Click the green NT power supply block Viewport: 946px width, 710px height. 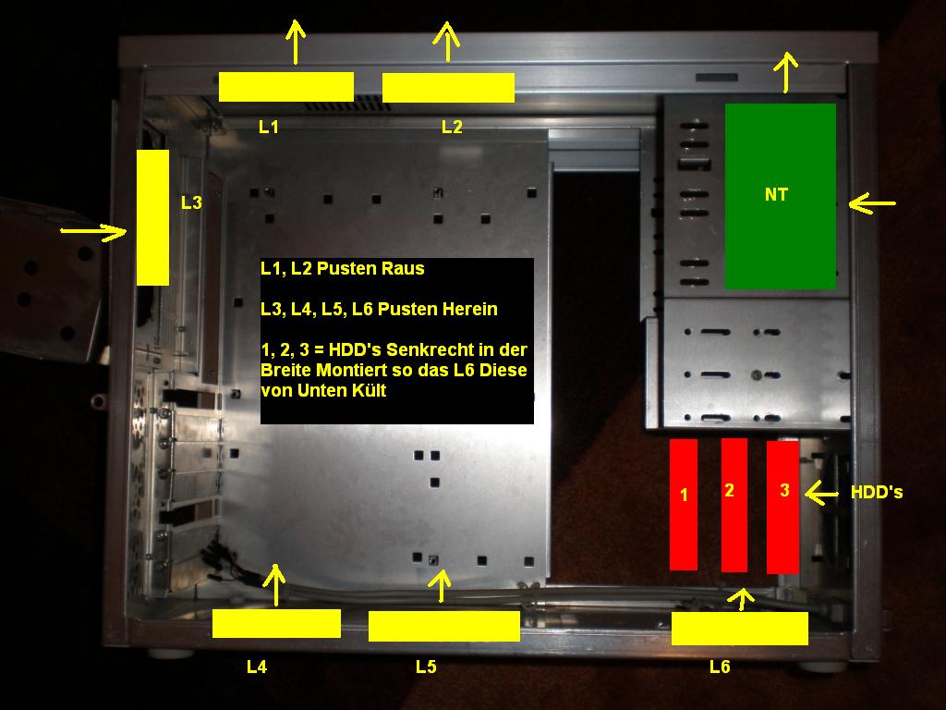(x=780, y=196)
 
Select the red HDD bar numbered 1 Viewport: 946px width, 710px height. (x=684, y=505)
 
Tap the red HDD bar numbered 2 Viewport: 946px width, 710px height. (x=734, y=505)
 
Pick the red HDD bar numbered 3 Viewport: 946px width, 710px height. (x=782, y=508)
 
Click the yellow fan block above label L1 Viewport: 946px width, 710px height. (x=286, y=87)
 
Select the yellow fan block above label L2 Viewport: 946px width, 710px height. (x=448, y=88)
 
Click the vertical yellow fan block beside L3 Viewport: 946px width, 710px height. (x=152, y=217)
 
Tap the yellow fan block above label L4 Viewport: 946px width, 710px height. (x=276, y=623)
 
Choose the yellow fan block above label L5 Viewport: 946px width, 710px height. (x=444, y=626)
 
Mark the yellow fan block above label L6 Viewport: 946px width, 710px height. (x=740, y=629)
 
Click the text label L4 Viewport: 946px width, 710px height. (x=257, y=667)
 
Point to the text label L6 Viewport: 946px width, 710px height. (x=720, y=667)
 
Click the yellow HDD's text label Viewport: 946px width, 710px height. (x=877, y=493)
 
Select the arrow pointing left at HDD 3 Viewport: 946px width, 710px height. (x=821, y=494)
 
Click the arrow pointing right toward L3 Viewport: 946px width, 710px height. (x=93, y=231)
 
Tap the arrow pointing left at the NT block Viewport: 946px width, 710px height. (x=872, y=204)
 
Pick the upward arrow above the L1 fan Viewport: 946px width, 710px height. (x=295, y=42)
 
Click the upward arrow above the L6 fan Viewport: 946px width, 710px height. (x=742, y=599)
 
